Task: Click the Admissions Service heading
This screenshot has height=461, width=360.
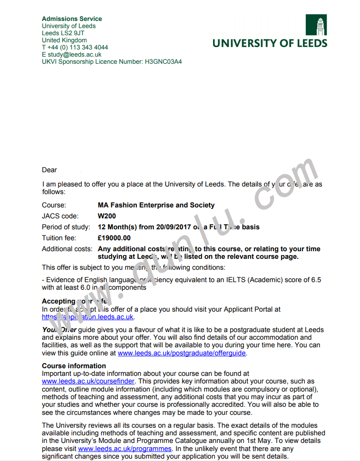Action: coord(72,19)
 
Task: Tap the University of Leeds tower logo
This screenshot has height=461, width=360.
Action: coord(316,26)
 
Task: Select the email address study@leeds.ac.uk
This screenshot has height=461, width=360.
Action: coord(75,55)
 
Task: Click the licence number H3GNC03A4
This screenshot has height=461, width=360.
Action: coord(163,62)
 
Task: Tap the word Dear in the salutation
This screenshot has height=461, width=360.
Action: coord(49,170)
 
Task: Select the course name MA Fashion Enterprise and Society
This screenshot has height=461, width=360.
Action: coord(156,206)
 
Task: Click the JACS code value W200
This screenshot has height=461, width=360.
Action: coord(107,216)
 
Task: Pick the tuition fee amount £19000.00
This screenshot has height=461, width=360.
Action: coord(114,238)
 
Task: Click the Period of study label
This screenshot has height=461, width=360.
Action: coord(66,227)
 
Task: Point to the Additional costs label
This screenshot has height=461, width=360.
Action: coord(67,249)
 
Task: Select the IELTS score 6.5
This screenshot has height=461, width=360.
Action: coord(316,280)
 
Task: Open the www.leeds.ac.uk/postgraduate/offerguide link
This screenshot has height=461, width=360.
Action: coord(182,353)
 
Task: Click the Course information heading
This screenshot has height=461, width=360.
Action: coord(74,366)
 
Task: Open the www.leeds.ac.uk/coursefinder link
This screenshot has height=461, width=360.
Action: coord(88,382)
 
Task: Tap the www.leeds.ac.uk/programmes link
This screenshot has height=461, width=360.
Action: coord(125,449)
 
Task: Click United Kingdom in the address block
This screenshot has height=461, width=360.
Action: coord(64,40)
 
